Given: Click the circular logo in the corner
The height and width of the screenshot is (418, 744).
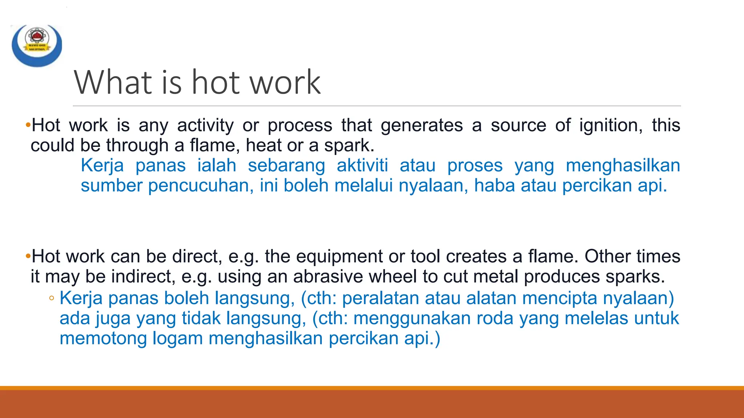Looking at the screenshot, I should (x=37, y=45).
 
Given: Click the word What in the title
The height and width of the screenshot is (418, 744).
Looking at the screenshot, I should (x=113, y=82).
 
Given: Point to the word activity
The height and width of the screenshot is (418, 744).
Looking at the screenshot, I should (x=205, y=126).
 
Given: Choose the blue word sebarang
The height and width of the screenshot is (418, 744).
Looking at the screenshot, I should (x=286, y=166).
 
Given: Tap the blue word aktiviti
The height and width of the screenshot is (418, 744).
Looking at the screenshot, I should (x=362, y=166).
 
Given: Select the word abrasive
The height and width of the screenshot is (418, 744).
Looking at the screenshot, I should (x=328, y=276).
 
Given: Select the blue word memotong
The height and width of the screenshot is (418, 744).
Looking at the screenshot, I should (x=103, y=338).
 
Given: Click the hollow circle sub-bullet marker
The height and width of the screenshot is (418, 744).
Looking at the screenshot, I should (x=52, y=299).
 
